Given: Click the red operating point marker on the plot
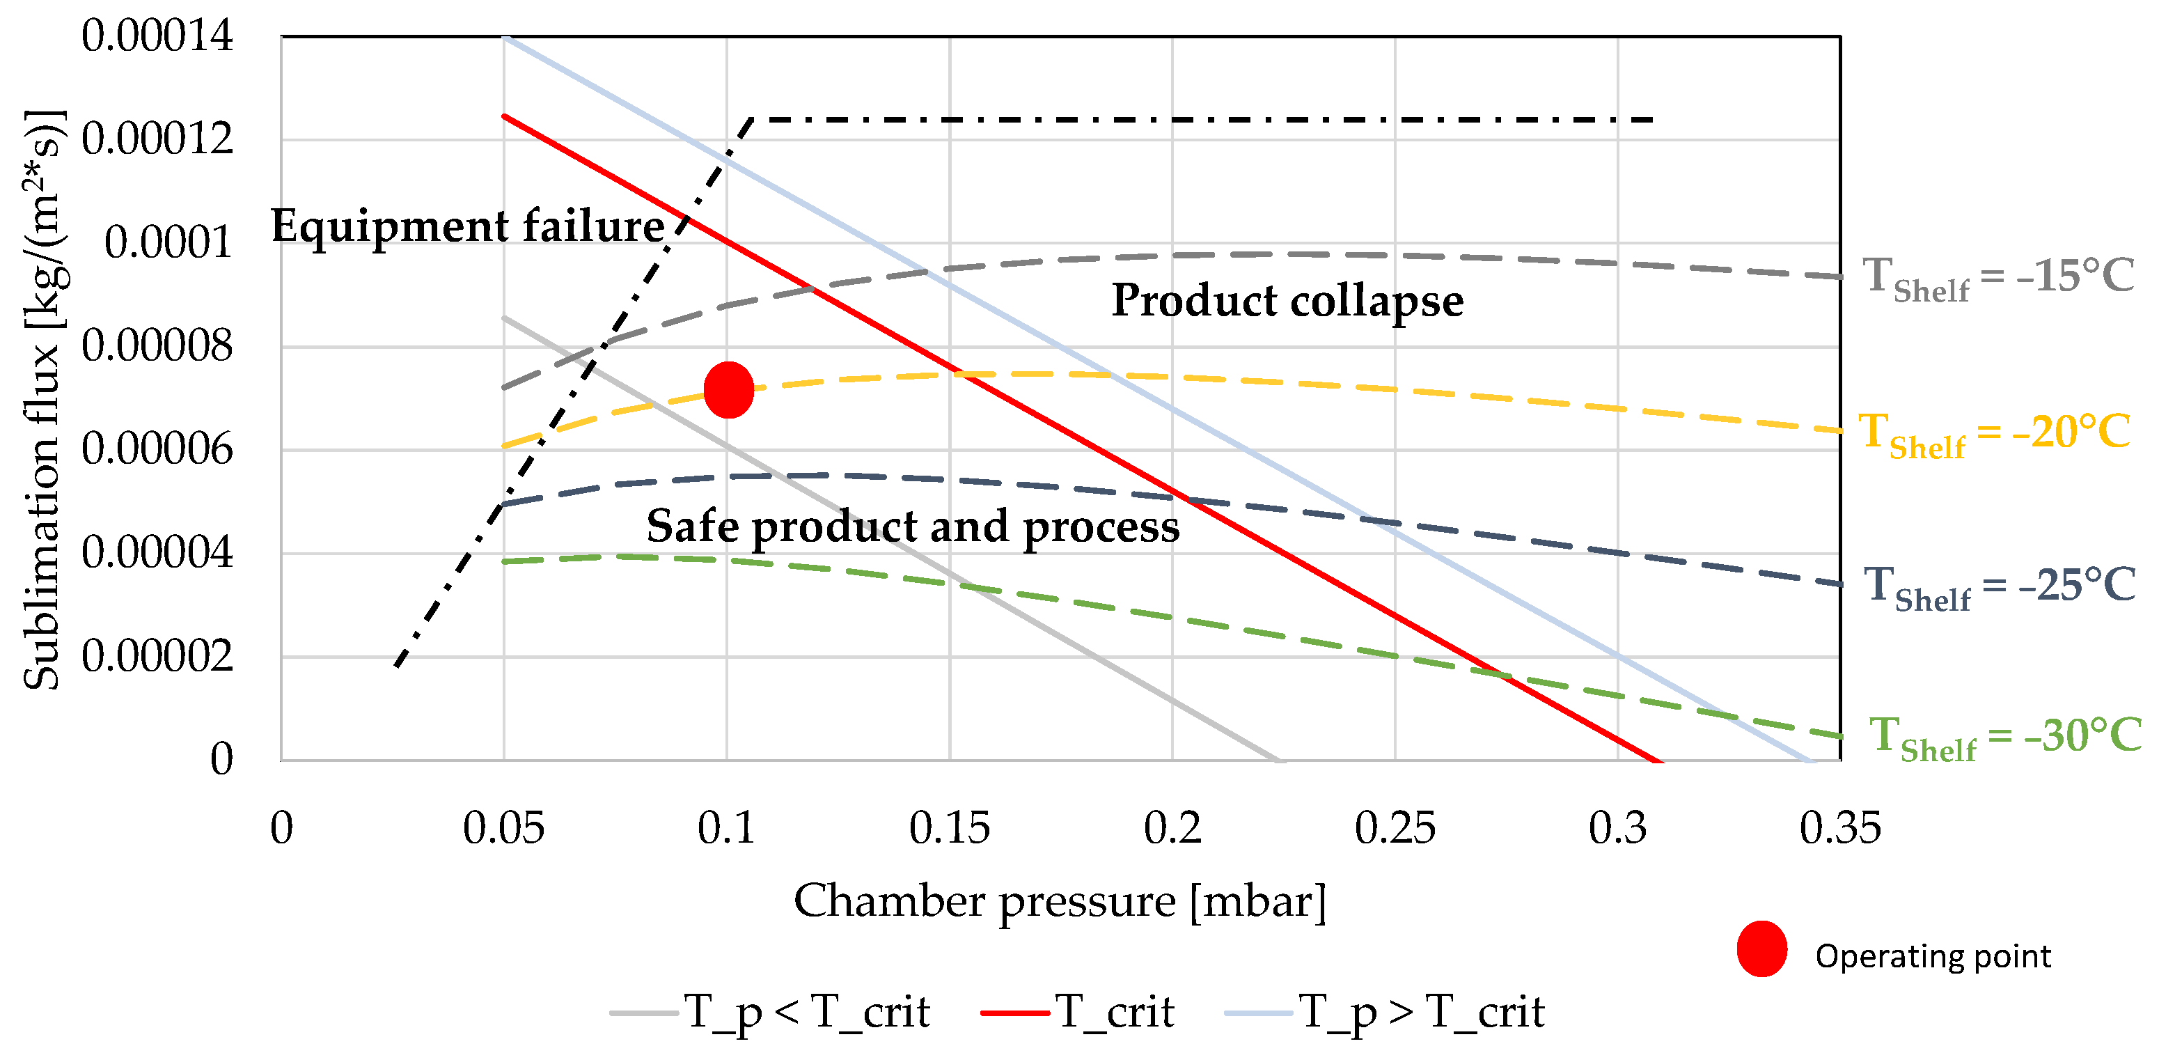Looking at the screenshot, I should click(x=728, y=390).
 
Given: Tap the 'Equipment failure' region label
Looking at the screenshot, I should click(x=468, y=226).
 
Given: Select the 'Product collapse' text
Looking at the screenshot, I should click(x=1287, y=300).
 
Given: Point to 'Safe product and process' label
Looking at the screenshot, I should click(x=913, y=526).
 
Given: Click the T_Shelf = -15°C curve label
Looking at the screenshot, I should click(x=1997, y=276).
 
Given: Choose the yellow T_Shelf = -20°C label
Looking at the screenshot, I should click(x=1994, y=433).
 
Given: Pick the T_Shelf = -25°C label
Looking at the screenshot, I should click(x=1999, y=586).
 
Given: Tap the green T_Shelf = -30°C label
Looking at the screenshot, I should click(x=2005, y=737).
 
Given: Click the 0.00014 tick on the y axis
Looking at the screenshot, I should click(x=157, y=36).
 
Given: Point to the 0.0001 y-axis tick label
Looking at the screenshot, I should click(x=168, y=242).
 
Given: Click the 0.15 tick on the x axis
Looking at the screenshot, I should click(x=949, y=828).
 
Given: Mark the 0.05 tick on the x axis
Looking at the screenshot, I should click(x=503, y=828).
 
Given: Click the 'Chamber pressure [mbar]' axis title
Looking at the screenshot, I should click(x=1060, y=901).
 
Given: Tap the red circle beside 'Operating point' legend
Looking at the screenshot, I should click(x=1761, y=949).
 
